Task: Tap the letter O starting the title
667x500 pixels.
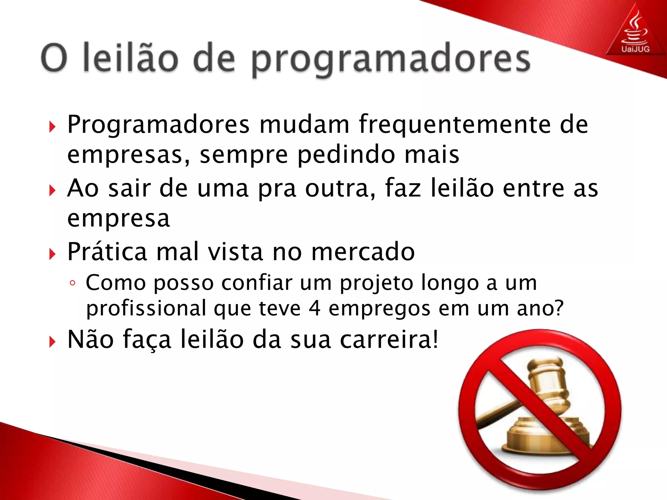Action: tap(54, 58)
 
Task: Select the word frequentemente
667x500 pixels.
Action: tap(455, 125)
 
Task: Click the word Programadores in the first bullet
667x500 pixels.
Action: tap(158, 125)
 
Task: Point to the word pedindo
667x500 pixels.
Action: tap(346, 155)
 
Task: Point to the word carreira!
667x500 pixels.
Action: tap(389, 340)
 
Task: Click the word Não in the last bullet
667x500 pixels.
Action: tap(91, 340)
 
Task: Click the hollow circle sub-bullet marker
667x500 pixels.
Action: tap(72, 283)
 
